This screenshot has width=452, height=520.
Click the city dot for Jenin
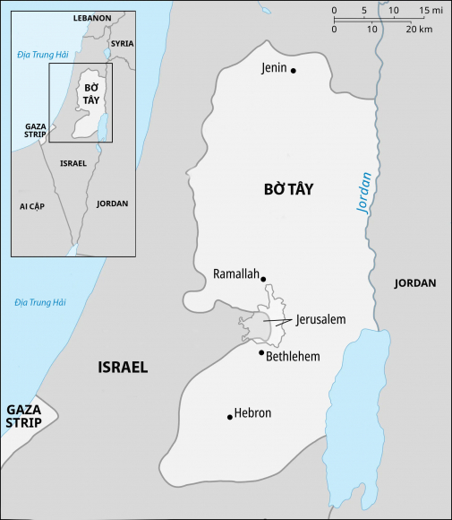[x=293, y=70]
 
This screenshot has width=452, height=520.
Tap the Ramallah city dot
[x=263, y=279]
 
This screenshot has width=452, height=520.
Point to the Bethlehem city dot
[x=261, y=352]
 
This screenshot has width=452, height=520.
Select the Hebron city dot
[x=230, y=416]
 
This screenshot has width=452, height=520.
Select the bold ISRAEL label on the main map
[x=123, y=368]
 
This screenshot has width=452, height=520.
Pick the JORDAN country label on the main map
[x=414, y=283]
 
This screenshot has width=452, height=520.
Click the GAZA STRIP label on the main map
[x=24, y=416]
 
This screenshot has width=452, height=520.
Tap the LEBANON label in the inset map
[x=93, y=18]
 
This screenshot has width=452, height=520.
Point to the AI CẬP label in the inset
[x=32, y=206]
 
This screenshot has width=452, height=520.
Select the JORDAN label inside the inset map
[x=112, y=204]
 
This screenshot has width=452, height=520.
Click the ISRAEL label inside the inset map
[x=72, y=163]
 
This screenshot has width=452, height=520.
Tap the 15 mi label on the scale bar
[x=431, y=11]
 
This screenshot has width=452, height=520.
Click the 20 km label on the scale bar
[x=419, y=30]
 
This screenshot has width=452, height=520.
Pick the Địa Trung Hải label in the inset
[x=37, y=56]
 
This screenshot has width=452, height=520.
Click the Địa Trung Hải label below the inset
[x=40, y=302]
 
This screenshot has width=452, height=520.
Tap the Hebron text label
[x=252, y=413]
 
